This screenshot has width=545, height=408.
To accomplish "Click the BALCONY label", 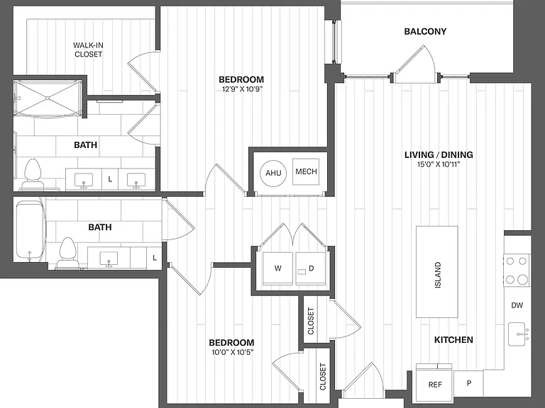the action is pyautogui.click(x=425, y=32).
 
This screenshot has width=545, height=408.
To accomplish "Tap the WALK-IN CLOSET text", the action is pyautogui.click(x=88, y=50).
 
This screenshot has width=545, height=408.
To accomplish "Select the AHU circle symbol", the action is pyautogui.click(x=273, y=173).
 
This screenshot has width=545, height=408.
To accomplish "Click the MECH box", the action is pyautogui.click(x=306, y=171).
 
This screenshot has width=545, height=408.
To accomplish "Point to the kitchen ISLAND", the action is pyautogui.click(x=437, y=272).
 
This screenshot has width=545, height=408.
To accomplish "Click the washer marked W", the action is pyautogui.click(x=277, y=268).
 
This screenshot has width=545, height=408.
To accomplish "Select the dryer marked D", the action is pyautogui.click(x=311, y=268).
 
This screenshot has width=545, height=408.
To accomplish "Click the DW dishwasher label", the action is pyautogui.click(x=517, y=305).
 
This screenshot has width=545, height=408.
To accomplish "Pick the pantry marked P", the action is pyautogui.click(x=468, y=383).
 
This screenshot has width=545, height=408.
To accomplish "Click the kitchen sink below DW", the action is pyautogui.click(x=518, y=334).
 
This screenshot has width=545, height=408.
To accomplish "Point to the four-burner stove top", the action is pyautogui.click(x=517, y=270).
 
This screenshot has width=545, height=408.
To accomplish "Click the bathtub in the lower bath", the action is pyautogui.click(x=30, y=231).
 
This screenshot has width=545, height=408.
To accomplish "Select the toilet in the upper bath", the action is pyautogui.click(x=33, y=174).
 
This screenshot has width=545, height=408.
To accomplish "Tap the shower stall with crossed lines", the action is pyautogui.click(x=48, y=98).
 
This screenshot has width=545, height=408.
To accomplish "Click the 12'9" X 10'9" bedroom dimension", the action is pyautogui.click(x=242, y=89).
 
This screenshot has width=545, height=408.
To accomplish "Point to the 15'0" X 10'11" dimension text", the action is pyautogui.click(x=439, y=164).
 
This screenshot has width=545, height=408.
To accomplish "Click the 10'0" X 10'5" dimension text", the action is pyautogui.click(x=233, y=353).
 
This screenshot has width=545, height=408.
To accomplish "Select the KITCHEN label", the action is pyautogui.click(x=453, y=340).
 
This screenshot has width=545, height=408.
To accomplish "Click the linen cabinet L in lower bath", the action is pyautogui.click(x=154, y=258).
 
